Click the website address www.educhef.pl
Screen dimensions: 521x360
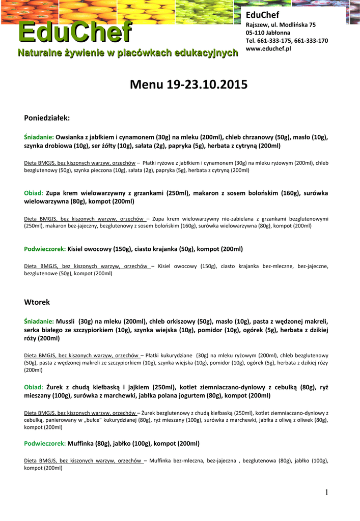[268, 48]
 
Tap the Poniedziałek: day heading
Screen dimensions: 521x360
[47, 118]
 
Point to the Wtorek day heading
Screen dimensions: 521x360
[37, 302]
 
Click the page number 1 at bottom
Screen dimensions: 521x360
[328, 491]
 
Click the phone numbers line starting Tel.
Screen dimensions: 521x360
[287, 41]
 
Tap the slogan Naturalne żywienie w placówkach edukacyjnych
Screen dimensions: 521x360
[128, 53]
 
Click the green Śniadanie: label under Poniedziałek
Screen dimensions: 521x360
[39, 137]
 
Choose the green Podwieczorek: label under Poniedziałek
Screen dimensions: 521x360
[45, 249]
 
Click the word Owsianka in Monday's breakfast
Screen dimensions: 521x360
[69, 137]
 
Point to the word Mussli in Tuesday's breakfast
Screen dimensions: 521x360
[66, 322]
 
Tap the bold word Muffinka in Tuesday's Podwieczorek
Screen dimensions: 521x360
[80, 444]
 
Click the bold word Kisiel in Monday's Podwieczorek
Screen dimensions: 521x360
[77, 249]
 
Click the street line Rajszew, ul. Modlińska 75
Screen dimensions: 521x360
[281, 24]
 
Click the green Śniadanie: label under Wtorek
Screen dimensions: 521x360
[39, 322]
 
